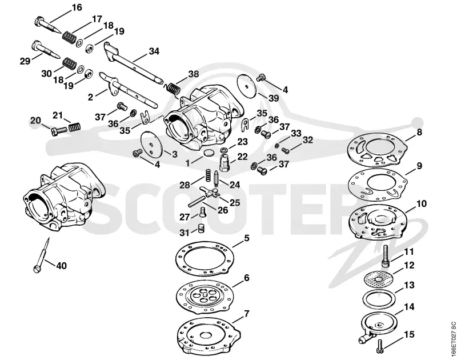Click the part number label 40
click(x=61, y=266)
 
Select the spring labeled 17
click(x=69, y=37)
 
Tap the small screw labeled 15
click(x=381, y=344)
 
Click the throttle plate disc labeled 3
click(x=151, y=143)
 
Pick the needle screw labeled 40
click(x=42, y=255)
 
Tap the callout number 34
click(x=154, y=51)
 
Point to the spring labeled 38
click(x=173, y=88)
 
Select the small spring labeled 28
click(x=206, y=175)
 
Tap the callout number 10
click(x=421, y=203)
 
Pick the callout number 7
click(x=247, y=314)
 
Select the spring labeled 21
click(x=75, y=127)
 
